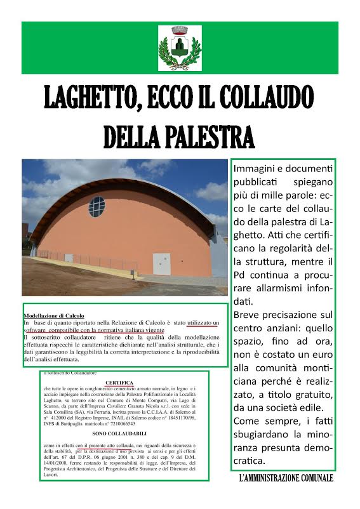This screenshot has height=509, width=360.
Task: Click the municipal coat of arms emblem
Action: [180, 48]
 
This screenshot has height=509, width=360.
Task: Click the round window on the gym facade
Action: [97, 207]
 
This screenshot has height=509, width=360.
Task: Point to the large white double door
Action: [162, 263]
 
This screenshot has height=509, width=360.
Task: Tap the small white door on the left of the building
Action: [68, 258]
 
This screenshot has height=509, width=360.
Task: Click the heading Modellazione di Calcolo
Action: [53, 315]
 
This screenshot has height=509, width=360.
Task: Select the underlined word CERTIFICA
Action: [119, 383]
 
